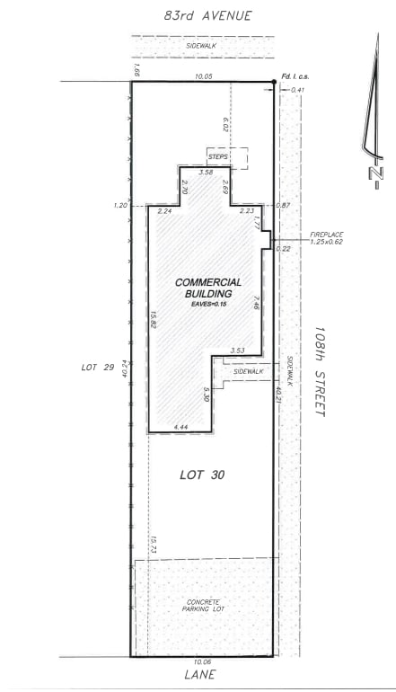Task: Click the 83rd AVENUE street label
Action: click(207, 15)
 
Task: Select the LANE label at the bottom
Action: click(202, 673)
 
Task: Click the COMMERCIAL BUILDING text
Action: click(208, 288)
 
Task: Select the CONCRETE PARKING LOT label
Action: click(203, 606)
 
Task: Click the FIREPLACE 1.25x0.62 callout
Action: click(327, 237)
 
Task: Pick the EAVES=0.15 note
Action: click(208, 306)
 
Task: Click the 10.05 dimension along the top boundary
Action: click(203, 77)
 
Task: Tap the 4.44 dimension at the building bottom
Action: click(180, 427)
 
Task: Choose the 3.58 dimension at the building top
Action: click(205, 172)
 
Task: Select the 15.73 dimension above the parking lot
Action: click(154, 544)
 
